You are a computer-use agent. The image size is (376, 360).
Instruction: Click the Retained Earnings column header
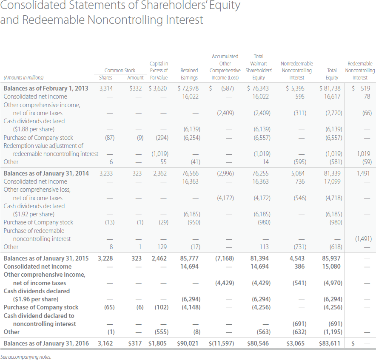(x=189, y=74)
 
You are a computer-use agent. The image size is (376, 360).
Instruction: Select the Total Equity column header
(x=332, y=74)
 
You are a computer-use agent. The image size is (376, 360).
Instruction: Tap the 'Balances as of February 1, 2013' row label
(x=46, y=88)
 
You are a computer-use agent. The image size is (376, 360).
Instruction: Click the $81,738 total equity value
(x=330, y=88)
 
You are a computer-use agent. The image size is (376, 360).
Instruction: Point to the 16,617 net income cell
(x=332, y=96)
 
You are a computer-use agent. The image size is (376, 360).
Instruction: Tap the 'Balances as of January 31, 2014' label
(x=46, y=173)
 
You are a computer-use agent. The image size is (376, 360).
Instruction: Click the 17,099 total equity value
(x=332, y=181)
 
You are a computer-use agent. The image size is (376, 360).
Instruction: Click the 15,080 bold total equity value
(x=332, y=266)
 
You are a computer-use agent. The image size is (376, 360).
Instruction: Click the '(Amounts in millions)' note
(x=23, y=78)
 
